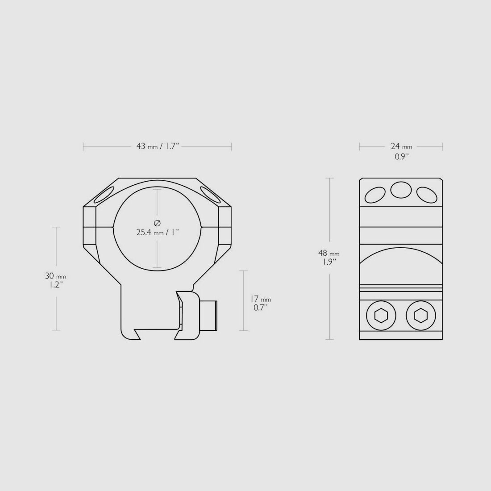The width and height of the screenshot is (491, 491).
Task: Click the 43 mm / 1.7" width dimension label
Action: [157, 146]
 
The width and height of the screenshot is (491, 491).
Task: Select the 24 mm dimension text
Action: [401, 146]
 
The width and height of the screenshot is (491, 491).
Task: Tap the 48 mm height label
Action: [329, 254]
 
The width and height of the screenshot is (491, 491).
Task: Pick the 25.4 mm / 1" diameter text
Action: [157, 232]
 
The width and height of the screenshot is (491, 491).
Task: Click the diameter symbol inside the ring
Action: [157, 223]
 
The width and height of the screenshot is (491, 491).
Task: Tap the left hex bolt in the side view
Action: [381, 316]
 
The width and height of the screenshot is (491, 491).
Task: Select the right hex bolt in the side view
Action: [420, 316]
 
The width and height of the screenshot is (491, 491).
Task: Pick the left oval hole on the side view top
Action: [375, 195]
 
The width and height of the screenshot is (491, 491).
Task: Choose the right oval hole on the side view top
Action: [426, 195]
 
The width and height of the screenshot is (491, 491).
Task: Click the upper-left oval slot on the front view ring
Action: [104, 195]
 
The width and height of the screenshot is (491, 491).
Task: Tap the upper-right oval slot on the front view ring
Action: [210, 195]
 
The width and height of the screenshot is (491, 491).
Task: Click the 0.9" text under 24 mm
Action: [401, 157]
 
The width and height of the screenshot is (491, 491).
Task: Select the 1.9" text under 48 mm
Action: [329, 262]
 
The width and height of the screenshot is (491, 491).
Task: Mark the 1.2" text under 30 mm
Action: [56, 284]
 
